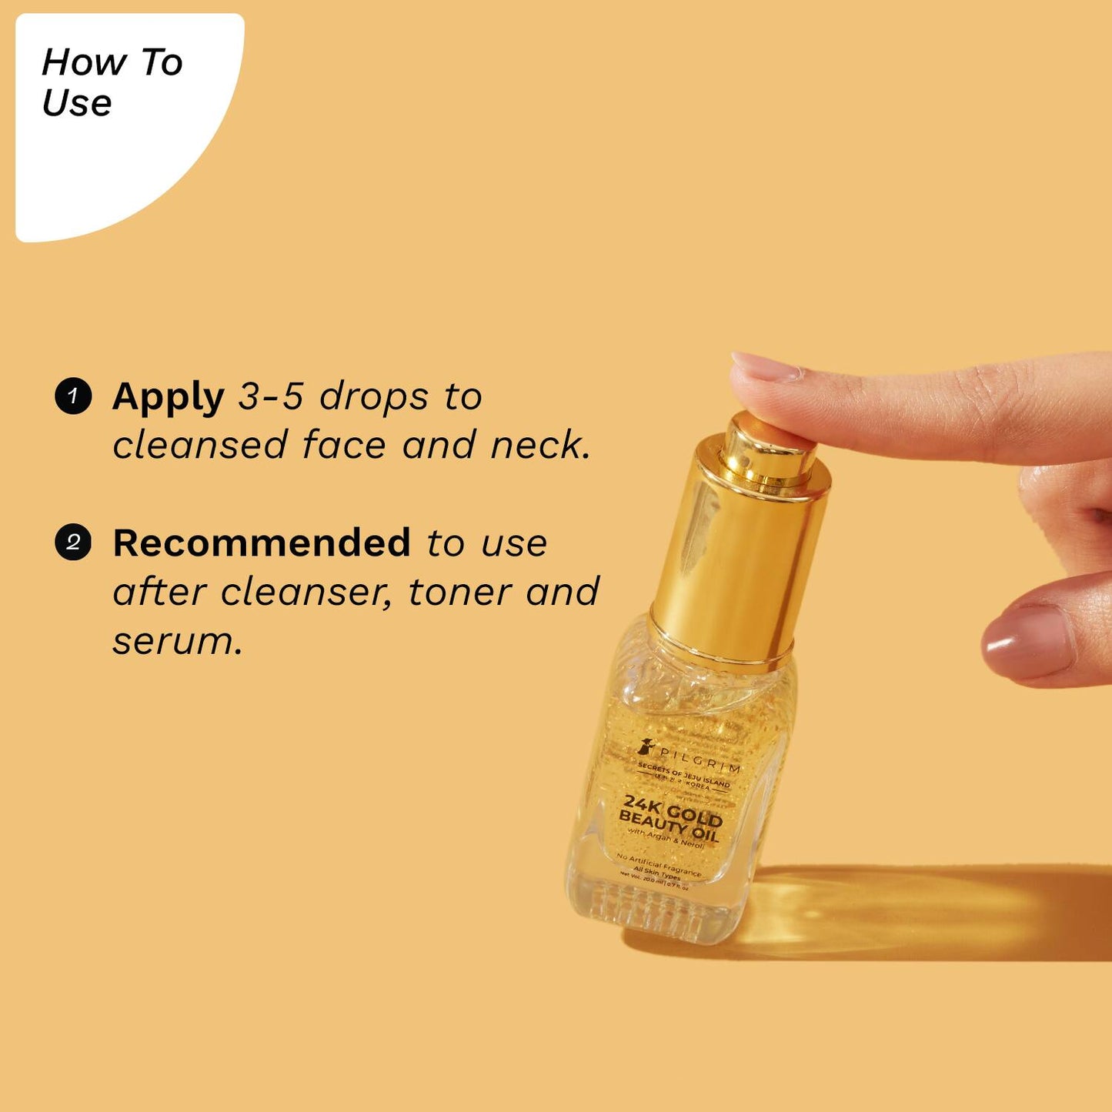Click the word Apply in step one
(x=168, y=398)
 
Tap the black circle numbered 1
(x=73, y=396)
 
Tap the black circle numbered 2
(x=73, y=543)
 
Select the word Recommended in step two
(x=262, y=543)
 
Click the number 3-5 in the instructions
(x=271, y=397)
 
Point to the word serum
(x=177, y=641)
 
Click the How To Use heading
(x=112, y=82)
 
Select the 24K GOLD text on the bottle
(x=673, y=810)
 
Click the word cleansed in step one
(x=200, y=446)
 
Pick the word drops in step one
(x=374, y=397)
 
